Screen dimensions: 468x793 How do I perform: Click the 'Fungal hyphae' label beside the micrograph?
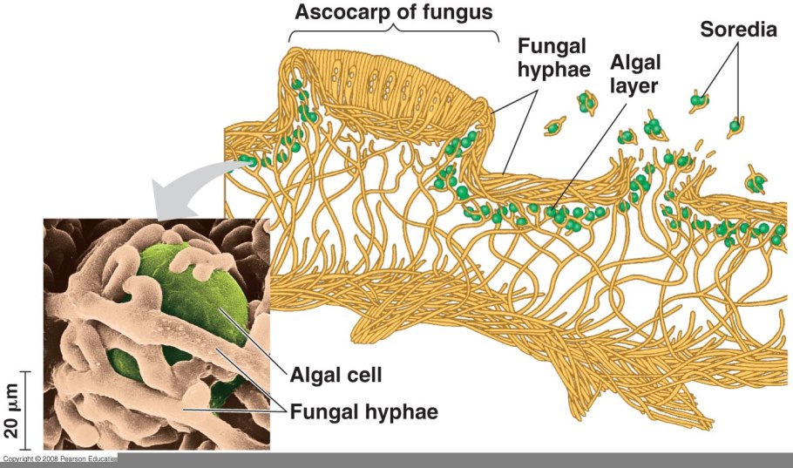coord(363,409)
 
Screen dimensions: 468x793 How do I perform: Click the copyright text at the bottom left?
coord(58,458)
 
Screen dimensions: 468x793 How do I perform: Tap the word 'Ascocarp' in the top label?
coord(336,13)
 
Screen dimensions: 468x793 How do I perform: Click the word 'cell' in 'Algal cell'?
coord(367,376)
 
